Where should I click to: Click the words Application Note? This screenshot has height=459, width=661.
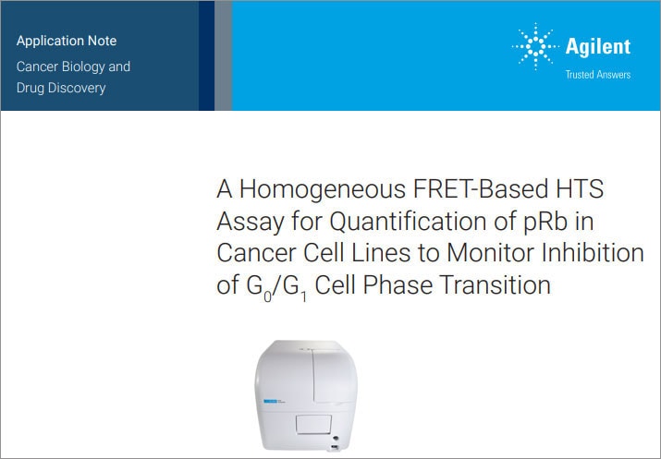point(67,42)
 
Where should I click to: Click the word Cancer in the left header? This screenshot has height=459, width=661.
point(38,66)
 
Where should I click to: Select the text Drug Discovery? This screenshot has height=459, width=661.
point(61,88)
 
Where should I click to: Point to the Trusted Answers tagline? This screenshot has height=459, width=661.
point(597,74)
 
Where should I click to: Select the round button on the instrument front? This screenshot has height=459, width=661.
point(336,441)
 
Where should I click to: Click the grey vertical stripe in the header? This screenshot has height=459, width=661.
point(223,55)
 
